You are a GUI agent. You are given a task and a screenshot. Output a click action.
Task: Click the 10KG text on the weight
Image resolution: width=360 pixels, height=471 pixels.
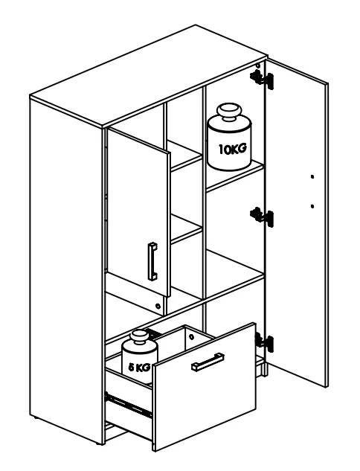pos(233,149)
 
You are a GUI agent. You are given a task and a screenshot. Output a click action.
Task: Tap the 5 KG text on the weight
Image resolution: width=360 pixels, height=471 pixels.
pos(139,367)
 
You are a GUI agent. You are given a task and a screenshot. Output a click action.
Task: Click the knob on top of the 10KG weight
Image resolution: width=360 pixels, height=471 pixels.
pos(230,112)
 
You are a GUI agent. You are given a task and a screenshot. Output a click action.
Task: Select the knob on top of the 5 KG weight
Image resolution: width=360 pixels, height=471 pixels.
pos(139,336)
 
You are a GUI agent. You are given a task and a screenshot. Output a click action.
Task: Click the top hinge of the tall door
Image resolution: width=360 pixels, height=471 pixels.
pos(262,79)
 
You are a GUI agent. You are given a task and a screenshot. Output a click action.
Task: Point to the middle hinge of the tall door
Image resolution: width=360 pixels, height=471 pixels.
pos(262,217)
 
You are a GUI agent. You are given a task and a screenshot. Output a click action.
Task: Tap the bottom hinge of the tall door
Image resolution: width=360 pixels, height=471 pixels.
pos(264,342)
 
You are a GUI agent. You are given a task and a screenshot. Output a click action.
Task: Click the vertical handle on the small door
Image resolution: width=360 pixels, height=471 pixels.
pos(152,261)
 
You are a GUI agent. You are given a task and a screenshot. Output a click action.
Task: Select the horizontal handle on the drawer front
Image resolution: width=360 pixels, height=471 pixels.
pos(208,362)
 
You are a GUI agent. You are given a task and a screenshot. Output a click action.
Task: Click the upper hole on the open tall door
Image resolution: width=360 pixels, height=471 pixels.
pos(312,176)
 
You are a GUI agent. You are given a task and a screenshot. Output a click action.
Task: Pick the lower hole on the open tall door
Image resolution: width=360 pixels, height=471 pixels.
pos(312,206)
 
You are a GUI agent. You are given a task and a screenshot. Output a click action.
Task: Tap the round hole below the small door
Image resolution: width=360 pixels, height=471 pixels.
pos(158,307)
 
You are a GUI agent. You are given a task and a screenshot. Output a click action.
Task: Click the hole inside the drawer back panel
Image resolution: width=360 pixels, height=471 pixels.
pos(192,337)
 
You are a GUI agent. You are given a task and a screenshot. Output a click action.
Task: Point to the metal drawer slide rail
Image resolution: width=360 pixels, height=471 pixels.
pos(128,406)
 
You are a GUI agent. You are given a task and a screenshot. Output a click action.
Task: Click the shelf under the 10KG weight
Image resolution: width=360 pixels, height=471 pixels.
pos(235,177)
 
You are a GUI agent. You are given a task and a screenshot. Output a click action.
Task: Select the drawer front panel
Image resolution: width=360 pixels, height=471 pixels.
pos(204,387)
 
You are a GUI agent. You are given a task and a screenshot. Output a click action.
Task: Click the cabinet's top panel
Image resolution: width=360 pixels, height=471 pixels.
pos(149,77)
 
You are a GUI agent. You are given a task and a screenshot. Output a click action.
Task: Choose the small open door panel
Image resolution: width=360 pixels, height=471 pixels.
pos(138,212)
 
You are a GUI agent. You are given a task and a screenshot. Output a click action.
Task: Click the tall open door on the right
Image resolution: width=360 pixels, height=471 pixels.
pos(296,222)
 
